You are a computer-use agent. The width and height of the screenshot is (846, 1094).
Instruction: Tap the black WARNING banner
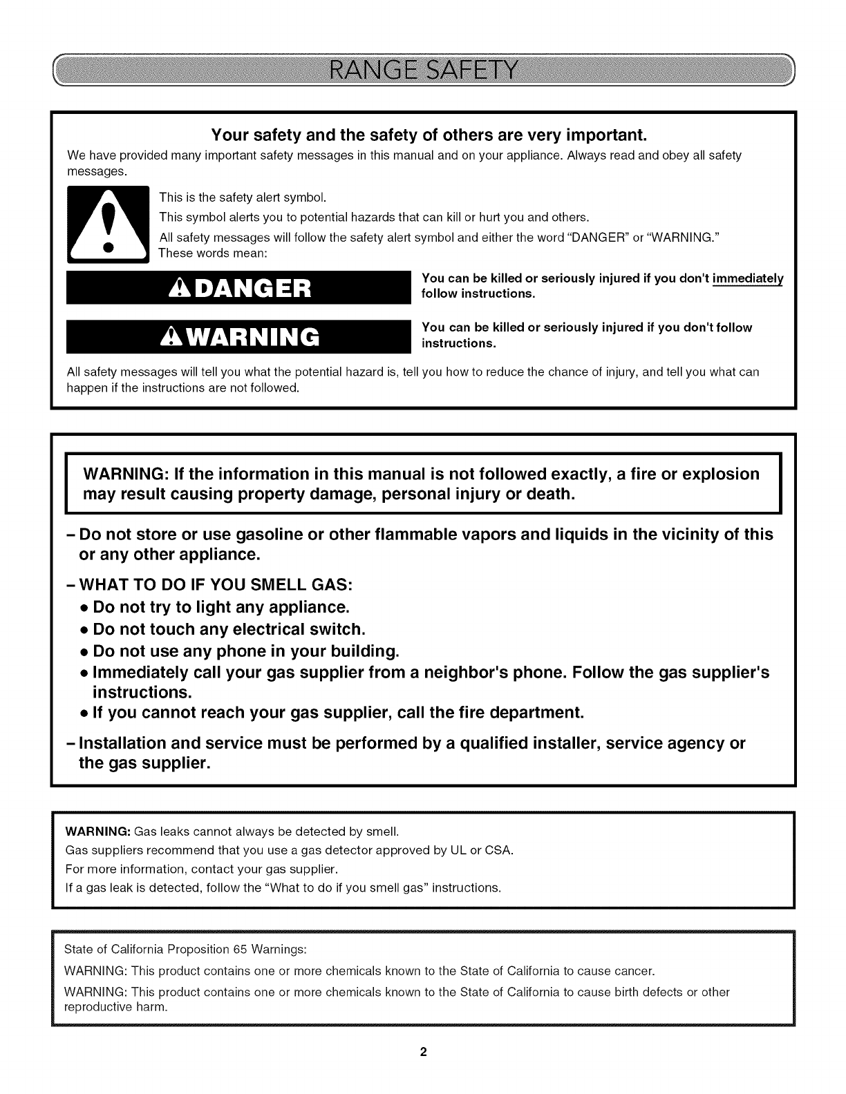click(235, 335)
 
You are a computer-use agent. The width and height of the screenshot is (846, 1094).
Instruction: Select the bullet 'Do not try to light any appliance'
click(220, 607)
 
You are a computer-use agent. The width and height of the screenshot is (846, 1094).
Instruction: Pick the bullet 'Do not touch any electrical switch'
click(227, 629)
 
